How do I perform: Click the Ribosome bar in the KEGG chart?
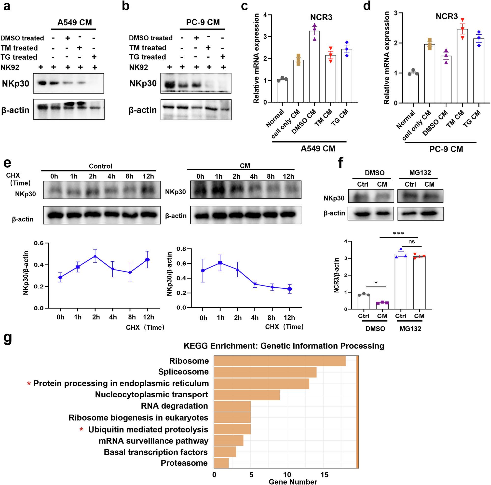point(280,361)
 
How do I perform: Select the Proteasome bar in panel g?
point(221,463)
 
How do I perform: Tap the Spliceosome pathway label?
point(183,372)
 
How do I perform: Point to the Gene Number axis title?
point(293,482)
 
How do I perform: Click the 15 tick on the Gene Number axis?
point(324,475)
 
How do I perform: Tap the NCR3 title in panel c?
point(321,17)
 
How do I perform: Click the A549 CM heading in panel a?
point(74,22)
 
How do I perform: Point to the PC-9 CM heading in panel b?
point(203,22)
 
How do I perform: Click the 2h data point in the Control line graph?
point(95,256)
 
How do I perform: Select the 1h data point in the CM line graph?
point(220,263)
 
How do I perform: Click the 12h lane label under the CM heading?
point(288,176)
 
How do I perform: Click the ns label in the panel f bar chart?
point(411,242)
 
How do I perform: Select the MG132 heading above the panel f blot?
point(420,173)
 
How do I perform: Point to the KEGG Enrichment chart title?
point(284,346)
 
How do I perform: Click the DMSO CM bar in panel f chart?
point(382,306)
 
